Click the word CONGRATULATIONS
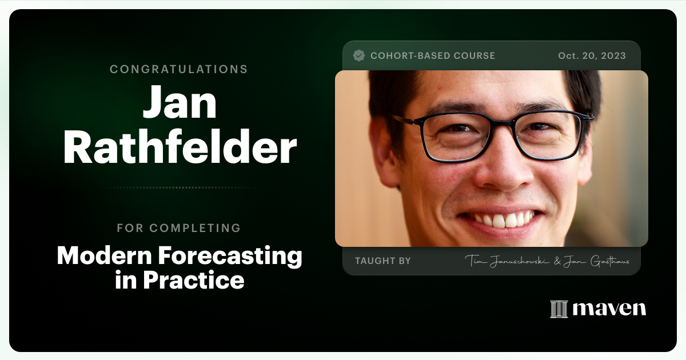[179, 69]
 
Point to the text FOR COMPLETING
[179, 228]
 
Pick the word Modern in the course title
[102, 256]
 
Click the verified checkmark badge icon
[359, 55]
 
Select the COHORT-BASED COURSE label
[433, 56]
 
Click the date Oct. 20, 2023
[592, 56]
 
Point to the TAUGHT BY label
[383, 261]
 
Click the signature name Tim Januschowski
[506, 261]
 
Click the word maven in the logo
[609, 309]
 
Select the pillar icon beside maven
[559, 309]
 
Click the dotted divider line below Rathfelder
[179, 187]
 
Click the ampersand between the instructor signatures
[557, 261]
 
